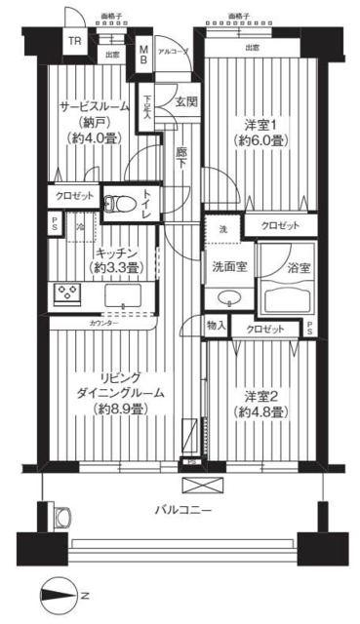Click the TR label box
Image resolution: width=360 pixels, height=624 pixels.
click(74, 42)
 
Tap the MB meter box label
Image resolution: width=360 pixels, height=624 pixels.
click(143, 54)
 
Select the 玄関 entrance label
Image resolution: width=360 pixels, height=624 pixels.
click(186, 101)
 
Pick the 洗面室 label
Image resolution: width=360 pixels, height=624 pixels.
click(226, 265)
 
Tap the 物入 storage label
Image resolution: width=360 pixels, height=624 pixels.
click(218, 325)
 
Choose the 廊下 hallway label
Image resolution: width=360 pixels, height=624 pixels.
click(182, 158)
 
